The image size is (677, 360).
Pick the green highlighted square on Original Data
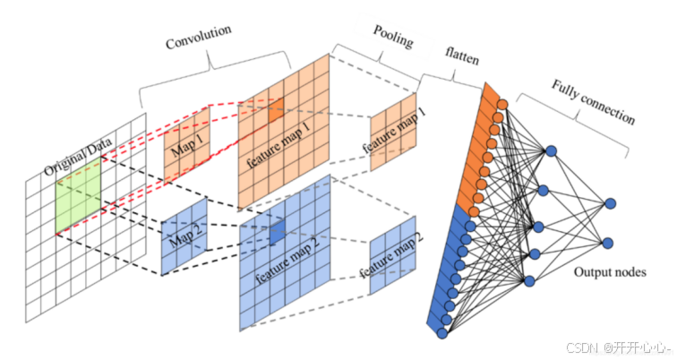(x=80, y=201)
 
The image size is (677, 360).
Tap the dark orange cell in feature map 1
(x=273, y=108)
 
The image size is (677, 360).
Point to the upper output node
(x=610, y=204)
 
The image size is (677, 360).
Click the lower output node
(x=610, y=242)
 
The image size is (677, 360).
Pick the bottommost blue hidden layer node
(x=529, y=282)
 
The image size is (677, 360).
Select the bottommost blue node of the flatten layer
(x=442, y=334)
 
